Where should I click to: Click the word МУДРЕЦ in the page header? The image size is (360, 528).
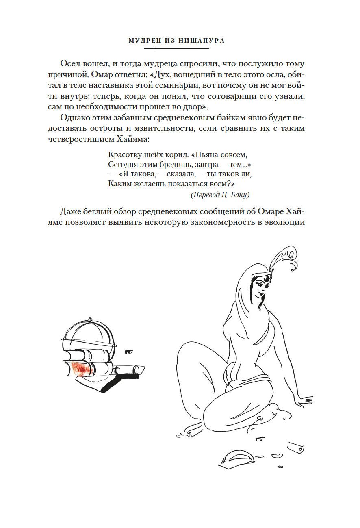pyautogui.click(x=142, y=41)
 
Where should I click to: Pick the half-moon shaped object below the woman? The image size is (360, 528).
pyautogui.click(x=238, y=458)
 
